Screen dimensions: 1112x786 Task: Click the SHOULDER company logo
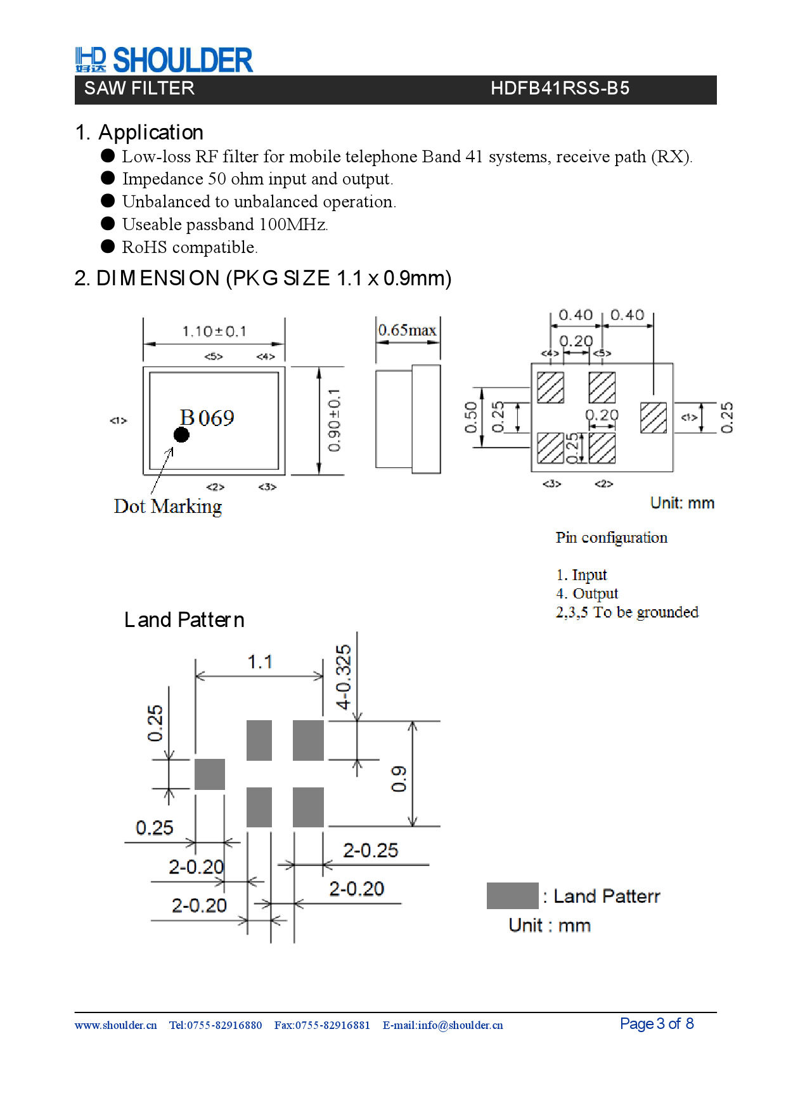click(x=164, y=60)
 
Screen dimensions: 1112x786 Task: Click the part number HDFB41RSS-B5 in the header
click(x=560, y=88)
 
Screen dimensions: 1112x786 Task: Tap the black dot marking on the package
click(x=181, y=435)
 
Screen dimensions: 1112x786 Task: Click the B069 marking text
click(x=207, y=418)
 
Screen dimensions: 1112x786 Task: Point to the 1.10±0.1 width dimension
click(x=214, y=332)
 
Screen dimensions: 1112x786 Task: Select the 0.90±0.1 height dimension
click(x=335, y=420)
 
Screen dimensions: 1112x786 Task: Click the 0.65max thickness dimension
click(x=407, y=330)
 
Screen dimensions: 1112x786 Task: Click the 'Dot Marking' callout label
click(x=168, y=507)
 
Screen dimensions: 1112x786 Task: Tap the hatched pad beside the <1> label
click(x=653, y=418)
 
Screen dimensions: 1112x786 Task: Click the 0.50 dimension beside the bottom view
click(x=470, y=418)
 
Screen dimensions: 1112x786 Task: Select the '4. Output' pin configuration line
click(x=587, y=593)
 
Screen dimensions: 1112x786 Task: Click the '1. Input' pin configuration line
click(x=581, y=575)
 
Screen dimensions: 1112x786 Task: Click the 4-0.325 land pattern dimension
click(x=343, y=676)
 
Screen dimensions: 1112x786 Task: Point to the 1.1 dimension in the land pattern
click(x=260, y=662)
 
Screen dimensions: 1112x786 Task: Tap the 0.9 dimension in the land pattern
click(x=399, y=779)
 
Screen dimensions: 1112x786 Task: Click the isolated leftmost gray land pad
click(x=210, y=774)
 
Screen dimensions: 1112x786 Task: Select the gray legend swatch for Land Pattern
click(x=512, y=896)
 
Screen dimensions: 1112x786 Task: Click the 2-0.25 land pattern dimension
click(x=370, y=850)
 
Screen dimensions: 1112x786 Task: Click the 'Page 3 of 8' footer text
click(x=657, y=1024)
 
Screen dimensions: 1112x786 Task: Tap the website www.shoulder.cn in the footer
click(x=115, y=1025)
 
